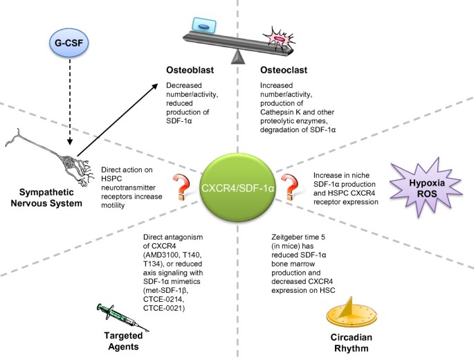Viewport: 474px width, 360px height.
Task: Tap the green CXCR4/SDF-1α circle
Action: tap(237, 187)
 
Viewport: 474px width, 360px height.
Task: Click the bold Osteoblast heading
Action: tap(190, 71)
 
